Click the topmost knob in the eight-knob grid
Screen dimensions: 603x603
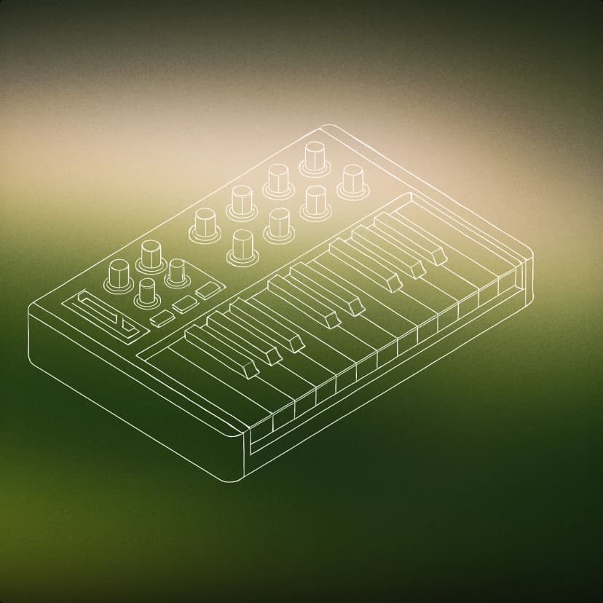315,156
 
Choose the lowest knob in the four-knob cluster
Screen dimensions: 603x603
148,292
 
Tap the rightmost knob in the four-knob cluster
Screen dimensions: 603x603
176,272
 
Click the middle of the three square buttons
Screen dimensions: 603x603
185,304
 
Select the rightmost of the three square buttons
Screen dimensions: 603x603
208,290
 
